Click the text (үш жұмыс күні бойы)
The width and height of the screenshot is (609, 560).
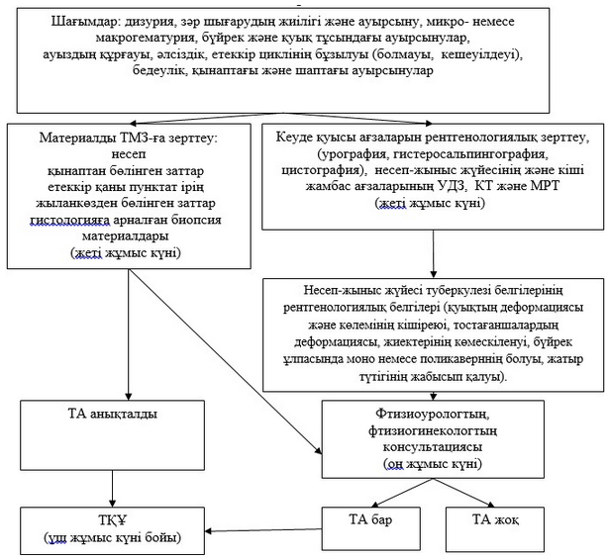point(111,538)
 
